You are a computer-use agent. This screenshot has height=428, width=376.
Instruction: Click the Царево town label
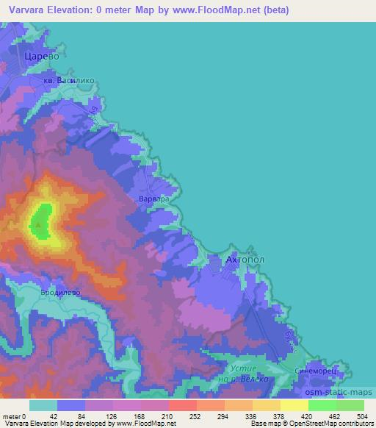pyautogui.click(x=41, y=56)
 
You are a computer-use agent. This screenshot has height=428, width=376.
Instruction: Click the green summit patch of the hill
pyautogui.click(x=43, y=222)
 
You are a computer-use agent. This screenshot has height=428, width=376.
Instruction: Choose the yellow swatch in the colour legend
pyautogui.click(x=294, y=404)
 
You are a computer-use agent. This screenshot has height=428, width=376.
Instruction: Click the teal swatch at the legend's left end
pyautogui.click(x=43, y=404)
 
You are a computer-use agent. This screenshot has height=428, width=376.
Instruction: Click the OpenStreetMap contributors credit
pyautogui.click(x=322, y=424)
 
